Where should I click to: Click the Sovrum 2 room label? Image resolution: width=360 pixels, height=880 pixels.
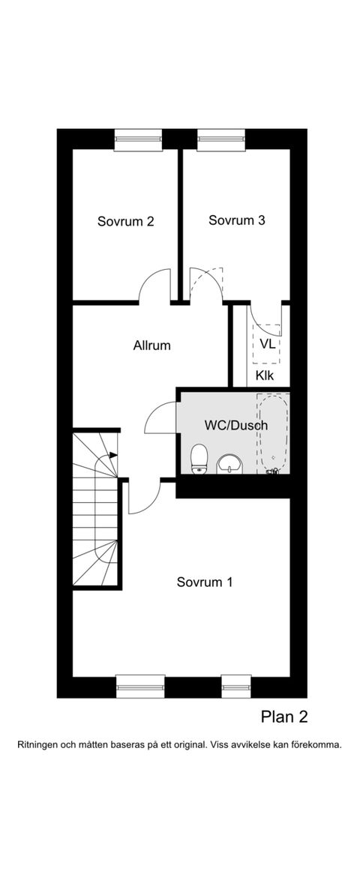(x=126, y=221)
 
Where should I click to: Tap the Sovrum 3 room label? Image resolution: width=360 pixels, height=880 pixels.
(x=236, y=220)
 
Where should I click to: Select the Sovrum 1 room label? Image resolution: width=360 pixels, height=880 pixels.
(x=205, y=582)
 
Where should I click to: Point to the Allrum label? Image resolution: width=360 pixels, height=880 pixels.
(x=151, y=345)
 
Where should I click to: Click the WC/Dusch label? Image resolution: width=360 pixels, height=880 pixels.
(x=235, y=426)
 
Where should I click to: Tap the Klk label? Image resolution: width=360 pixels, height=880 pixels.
(x=265, y=376)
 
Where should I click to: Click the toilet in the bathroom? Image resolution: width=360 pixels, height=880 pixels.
(x=199, y=459)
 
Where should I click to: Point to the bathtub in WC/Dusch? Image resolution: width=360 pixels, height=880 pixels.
(x=274, y=433)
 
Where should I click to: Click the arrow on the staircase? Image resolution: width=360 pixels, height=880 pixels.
(x=114, y=455)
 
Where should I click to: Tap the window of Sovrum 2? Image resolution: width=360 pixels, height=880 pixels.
(x=138, y=139)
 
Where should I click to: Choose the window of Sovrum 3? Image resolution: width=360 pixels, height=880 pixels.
(x=221, y=139)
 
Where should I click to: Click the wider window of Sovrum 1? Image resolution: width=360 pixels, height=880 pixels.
(x=140, y=686)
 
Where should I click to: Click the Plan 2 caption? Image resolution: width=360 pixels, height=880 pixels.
(x=284, y=717)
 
